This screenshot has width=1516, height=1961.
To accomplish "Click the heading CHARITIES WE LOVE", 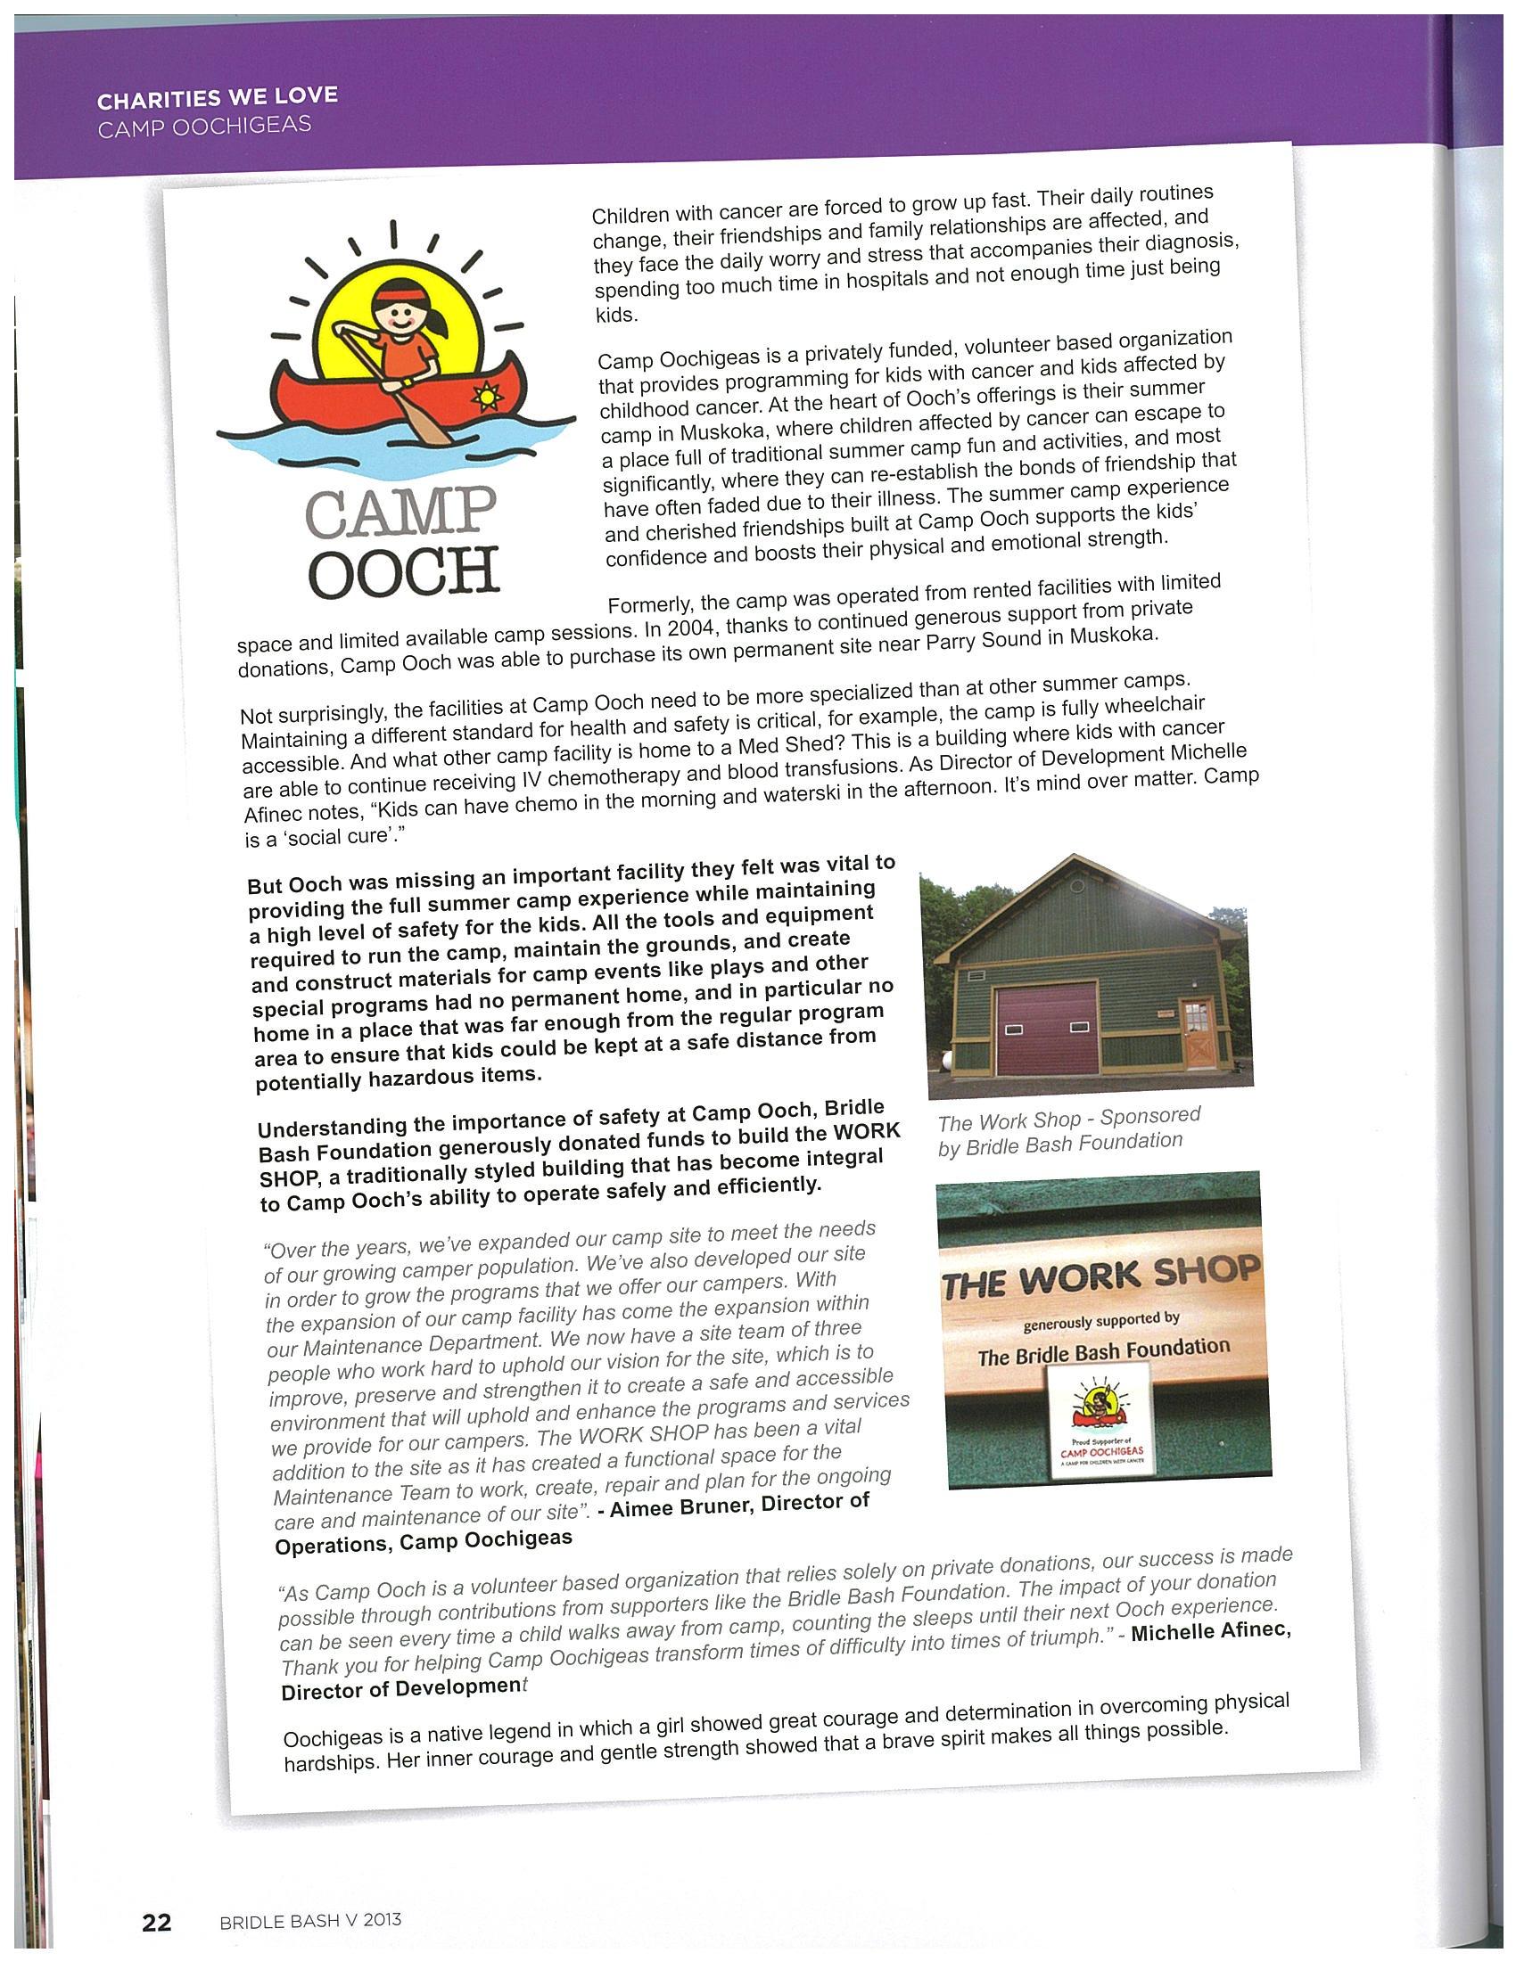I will coord(218,96).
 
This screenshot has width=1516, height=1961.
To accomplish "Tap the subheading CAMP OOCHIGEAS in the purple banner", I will coord(205,125).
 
